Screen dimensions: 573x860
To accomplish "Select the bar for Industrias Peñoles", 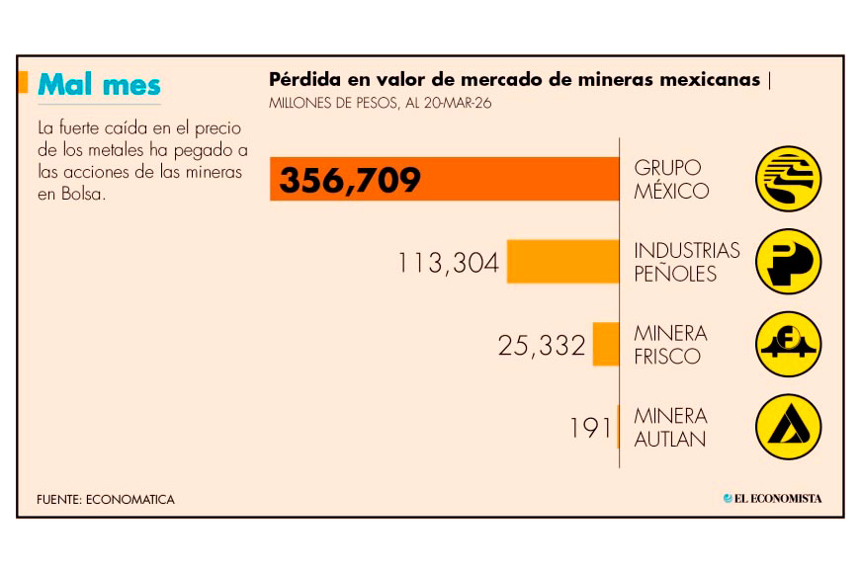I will pyautogui.click(x=563, y=262).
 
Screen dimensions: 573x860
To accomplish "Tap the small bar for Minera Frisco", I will pyautogui.click(x=606, y=344).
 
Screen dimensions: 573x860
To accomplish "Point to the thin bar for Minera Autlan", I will pyautogui.click(x=618, y=427).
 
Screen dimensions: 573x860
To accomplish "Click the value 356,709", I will pyautogui.click(x=350, y=180).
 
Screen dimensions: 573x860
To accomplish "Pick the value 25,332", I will pyautogui.click(x=542, y=345).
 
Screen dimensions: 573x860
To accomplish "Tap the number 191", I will pyautogui.click(x=590, y=428).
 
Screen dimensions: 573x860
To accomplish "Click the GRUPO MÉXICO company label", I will pyautogui.click(x=671, y=179).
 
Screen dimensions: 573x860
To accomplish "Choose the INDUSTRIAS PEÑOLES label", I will pyautogui.click(x=686, y=262).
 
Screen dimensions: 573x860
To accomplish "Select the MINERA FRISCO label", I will pyautogui.click(x=670, y=345).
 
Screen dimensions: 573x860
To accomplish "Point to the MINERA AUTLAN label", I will pyautogui.click(x=670, y=427).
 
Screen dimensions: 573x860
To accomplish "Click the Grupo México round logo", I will pyautogui.click(x=789, y=179).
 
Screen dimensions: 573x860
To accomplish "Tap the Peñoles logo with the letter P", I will pyautogui.click(x=789, y=262).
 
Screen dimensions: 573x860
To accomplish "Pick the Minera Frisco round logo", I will pyautogui.click(x=789, y=345).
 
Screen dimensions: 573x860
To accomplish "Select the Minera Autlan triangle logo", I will pyautogui.click(x=789, y=427).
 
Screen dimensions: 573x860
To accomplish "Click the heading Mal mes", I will pyautogui.click(x=99, y=85).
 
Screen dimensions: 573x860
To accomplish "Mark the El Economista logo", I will pyautogui.click(x=772, y=499).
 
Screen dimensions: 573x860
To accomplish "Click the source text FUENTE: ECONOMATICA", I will pyautogui.click(x=105, y=500).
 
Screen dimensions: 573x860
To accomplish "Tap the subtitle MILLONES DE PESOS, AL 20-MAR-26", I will pyautogui.click(x=380, y=102).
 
